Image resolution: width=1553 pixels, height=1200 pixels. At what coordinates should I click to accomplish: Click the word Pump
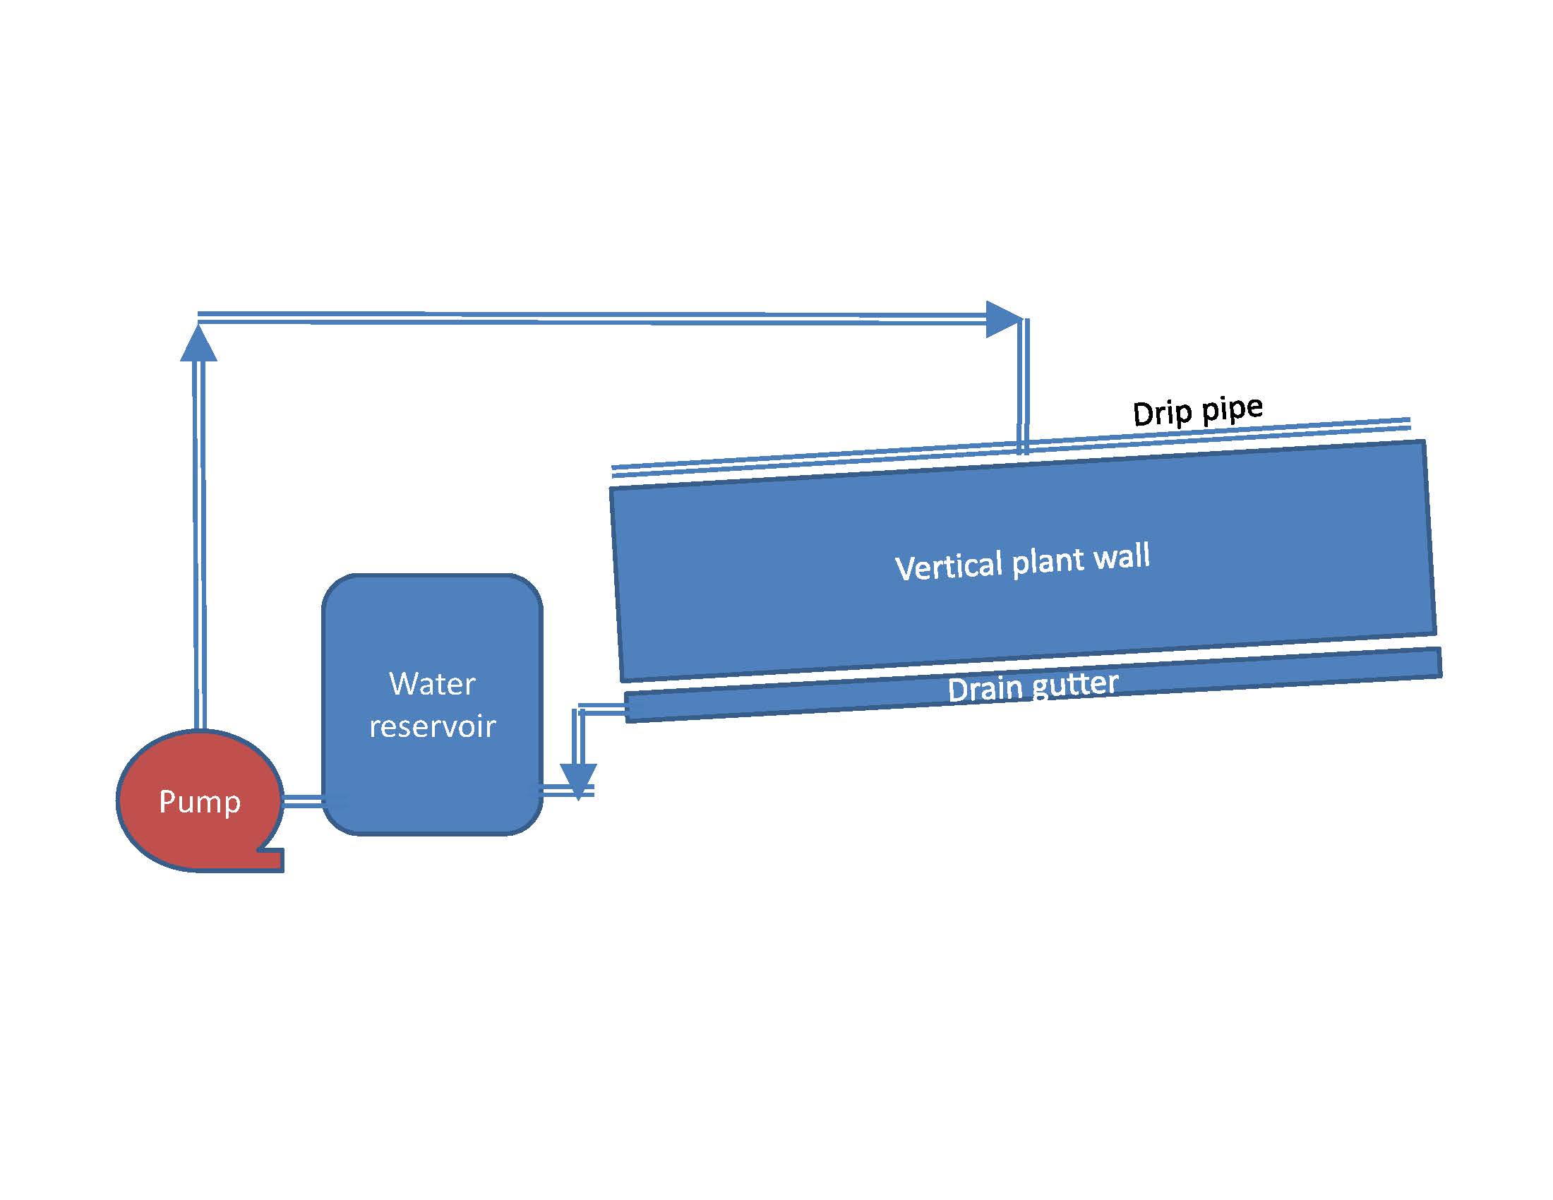200,803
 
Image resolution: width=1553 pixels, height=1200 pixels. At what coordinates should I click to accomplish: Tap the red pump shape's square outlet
272,860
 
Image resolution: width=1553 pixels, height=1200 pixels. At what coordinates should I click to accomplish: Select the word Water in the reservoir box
431,684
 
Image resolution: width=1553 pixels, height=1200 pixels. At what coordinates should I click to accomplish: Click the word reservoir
432,726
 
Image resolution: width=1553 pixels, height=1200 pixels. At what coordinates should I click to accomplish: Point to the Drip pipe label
1197,411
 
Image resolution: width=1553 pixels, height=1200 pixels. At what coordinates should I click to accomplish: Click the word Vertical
949,566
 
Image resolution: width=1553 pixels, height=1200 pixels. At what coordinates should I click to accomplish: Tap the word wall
1122,556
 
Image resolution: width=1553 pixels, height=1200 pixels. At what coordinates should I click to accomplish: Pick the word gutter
1075,685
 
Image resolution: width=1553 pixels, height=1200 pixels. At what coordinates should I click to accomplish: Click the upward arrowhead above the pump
198,342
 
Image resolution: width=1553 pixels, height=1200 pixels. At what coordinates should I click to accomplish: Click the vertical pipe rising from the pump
200,545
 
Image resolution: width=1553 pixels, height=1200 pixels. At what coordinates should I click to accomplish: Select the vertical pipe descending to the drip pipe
1024,386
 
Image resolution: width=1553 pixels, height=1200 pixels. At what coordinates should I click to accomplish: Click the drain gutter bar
1033,685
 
